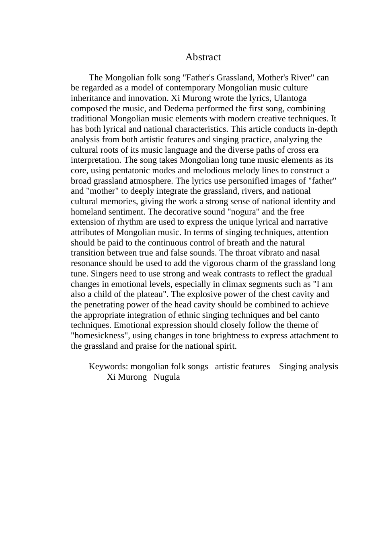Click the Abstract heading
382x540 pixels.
(203, 57)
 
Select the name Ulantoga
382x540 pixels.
(290, 98)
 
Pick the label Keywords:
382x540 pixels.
(108, 366)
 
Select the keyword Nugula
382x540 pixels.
(166, 377)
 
